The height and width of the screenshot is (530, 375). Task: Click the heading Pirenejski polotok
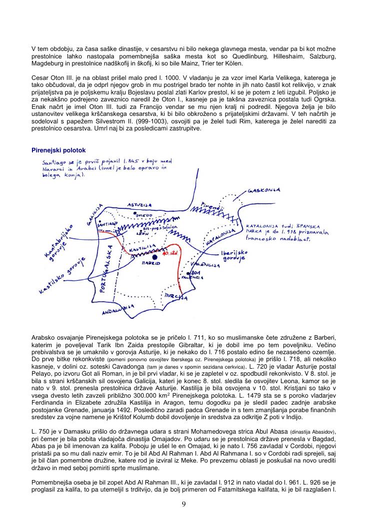click(59, 150)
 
